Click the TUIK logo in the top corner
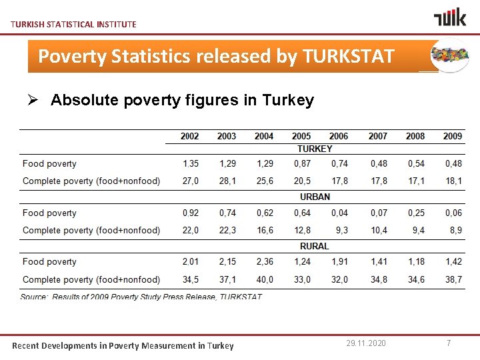pos(450,17)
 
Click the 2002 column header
pos(189,136)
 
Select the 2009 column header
pos(452,136)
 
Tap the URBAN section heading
pos(315,197)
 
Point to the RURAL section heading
pos(314,246)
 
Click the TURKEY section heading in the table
pos(314,149)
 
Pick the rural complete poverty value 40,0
pos(264,279)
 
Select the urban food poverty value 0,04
pos(339,213)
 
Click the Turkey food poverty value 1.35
pos(190,163)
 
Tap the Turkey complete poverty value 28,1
pos(227,181)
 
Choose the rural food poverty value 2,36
pos(264,261)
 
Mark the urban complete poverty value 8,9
pos(455,230)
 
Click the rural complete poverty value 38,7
pos(453,279)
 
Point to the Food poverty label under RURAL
pos(49,261)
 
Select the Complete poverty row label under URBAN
pos(91,230)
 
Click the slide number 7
pos(449,343)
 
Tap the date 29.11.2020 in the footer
pos(366,343)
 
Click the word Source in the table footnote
pos(33,297)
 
